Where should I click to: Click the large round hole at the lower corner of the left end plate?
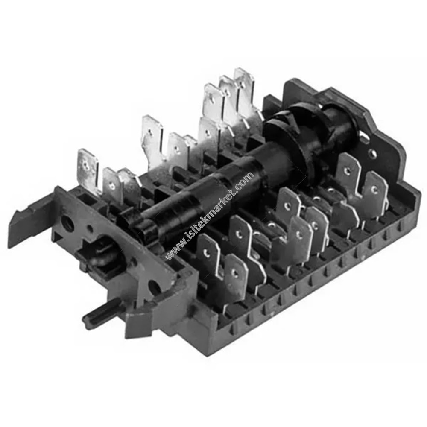tap(154, 287)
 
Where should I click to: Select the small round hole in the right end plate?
tap(372, 154)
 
